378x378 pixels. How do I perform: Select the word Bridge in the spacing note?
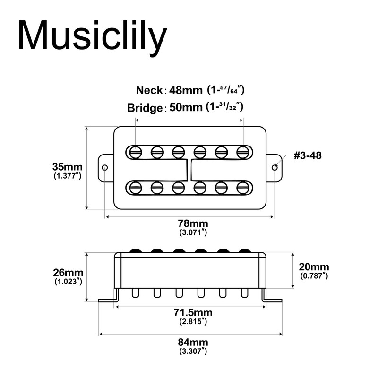[145, 108]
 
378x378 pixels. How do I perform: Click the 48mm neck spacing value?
[186, 90]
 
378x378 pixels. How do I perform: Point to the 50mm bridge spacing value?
[186, 108]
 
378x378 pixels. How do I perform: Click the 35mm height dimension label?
[67, 167]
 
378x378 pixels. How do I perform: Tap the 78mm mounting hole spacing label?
[193, 223]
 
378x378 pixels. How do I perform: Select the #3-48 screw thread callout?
[308, 155]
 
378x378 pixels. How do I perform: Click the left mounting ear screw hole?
[105, 167]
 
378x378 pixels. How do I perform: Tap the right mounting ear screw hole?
[275, 167]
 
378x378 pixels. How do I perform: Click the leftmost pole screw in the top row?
[136, 152]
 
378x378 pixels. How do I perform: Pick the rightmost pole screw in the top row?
[243, 152]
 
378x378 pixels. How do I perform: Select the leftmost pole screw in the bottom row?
[136, 188]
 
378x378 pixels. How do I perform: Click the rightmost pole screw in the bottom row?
[243, 188]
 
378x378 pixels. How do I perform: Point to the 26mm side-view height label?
[68, 273]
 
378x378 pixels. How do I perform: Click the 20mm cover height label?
[314, 267]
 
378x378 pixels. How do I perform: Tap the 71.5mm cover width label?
[193, 313]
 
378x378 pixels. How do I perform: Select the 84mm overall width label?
[193, 342]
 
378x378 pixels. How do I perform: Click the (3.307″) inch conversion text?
[193, 351]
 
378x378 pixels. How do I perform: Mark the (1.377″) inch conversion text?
[68, 175]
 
